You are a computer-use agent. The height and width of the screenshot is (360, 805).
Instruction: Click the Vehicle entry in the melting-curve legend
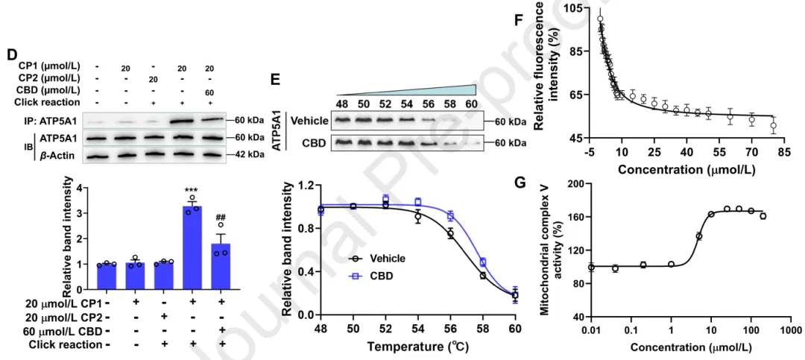(387, 259)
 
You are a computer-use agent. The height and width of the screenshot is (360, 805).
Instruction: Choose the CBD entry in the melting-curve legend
(382, 276)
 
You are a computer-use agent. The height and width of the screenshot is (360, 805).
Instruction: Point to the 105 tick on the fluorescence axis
(573, 8)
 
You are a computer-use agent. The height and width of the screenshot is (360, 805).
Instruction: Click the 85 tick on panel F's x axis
(785, 153)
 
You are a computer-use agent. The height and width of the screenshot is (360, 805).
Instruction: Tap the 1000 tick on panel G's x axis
(792, 329)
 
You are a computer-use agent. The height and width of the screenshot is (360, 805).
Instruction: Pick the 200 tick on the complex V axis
(573, 183)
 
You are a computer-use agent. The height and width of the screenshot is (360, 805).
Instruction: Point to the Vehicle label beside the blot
(309, 120)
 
